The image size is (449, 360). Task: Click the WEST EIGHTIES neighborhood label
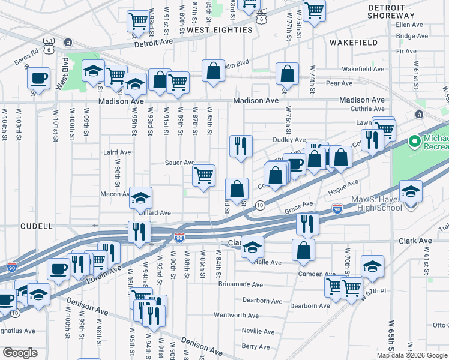tap(219, 29)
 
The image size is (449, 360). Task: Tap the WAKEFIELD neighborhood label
tap(354, 43)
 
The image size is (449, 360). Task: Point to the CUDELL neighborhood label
tap(37, 227)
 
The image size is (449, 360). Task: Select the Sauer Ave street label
tap(180, 163)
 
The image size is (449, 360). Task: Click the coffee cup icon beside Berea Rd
tap(38, 79)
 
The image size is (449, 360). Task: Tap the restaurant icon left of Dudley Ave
tap(241, 145)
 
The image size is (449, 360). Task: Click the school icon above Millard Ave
tap(140, 197)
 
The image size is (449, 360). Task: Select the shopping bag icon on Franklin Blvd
tap(213, 71)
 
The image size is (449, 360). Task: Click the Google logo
tap(20, 353)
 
